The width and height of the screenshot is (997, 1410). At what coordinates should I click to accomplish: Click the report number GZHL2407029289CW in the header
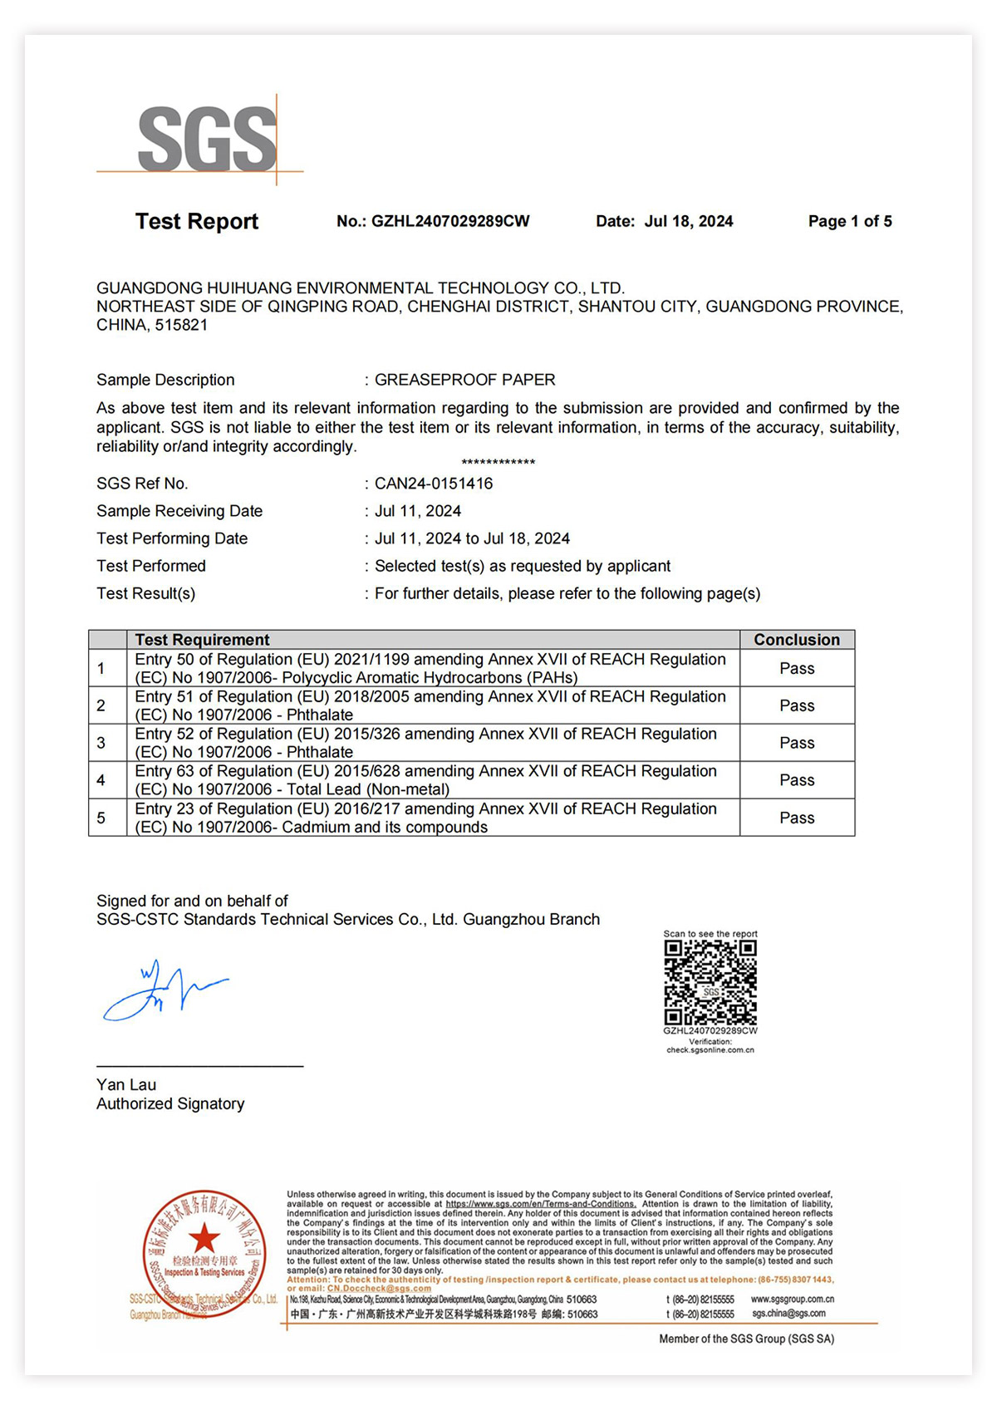[449, 221]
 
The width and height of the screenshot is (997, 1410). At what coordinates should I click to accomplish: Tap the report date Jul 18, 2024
[689, 221]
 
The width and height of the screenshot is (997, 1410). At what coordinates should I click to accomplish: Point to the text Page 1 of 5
[850, 221]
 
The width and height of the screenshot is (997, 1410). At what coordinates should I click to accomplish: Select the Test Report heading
[197, 221]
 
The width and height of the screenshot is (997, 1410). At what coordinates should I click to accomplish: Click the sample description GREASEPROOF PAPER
[464, 380]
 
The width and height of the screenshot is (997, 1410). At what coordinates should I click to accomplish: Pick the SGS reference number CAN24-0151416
[434, 484]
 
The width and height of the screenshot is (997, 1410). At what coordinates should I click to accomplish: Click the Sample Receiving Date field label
[179, 511]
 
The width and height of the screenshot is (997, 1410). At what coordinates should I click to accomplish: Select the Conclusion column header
[797, 640]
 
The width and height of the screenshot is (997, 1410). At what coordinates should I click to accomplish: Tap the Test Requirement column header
[202, 640]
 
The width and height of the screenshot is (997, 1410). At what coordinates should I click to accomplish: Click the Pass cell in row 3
[797, 743]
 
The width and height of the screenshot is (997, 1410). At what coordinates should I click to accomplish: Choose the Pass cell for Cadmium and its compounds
[797, 818]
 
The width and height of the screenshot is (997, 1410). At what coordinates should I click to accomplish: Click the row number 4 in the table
[101, 780]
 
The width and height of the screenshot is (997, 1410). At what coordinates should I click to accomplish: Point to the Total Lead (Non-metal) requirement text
[368, 789]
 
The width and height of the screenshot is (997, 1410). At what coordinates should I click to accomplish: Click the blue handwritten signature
[163, 990]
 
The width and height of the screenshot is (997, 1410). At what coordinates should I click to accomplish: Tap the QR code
[710, 983]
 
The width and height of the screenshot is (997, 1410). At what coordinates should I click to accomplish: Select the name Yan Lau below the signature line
[126, 1084]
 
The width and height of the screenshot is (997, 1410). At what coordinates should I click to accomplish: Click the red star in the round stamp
[204, 1238]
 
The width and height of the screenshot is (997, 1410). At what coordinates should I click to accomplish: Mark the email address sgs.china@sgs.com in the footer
[788, 1314]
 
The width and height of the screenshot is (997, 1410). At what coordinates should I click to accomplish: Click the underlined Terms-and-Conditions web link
[541, 1204]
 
